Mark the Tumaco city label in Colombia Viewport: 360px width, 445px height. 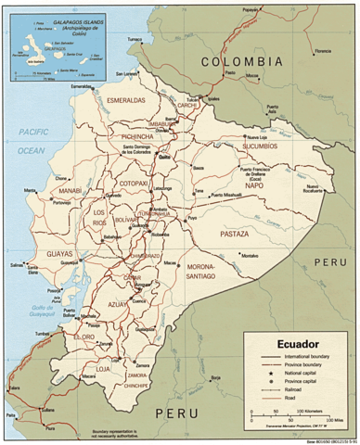coord(136,40)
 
